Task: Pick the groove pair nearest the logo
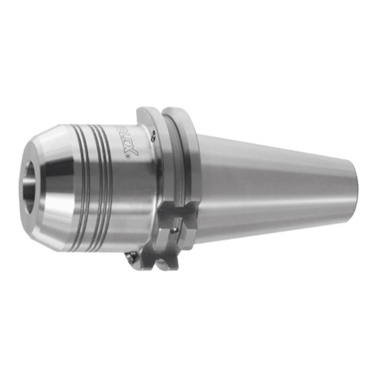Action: coord(107,185)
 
